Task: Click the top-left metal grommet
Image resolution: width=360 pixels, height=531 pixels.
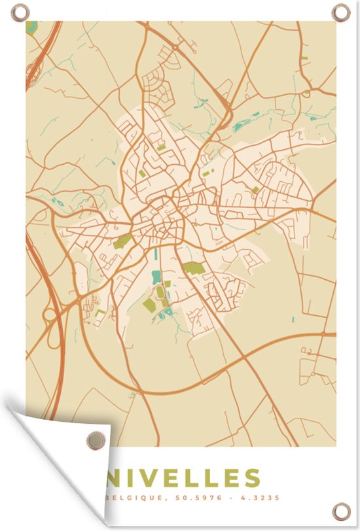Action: click(x=20, y=11)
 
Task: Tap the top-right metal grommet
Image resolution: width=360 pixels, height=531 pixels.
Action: click(x=340, y=11)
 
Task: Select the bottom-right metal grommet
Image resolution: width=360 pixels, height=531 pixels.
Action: click(x=340, y=510)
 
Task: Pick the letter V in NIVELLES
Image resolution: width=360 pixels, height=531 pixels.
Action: click(x=154, y=477)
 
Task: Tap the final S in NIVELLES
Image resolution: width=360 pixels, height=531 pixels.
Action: click(x=249, y=477)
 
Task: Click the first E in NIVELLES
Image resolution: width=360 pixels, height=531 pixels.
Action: click(x=177, y=477)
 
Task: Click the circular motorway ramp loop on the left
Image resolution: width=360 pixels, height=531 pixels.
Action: click(x=50, y=316)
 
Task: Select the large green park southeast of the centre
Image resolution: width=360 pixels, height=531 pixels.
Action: click(x=192, y=267)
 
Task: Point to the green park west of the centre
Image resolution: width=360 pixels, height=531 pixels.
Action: click(x=122, y=241)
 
